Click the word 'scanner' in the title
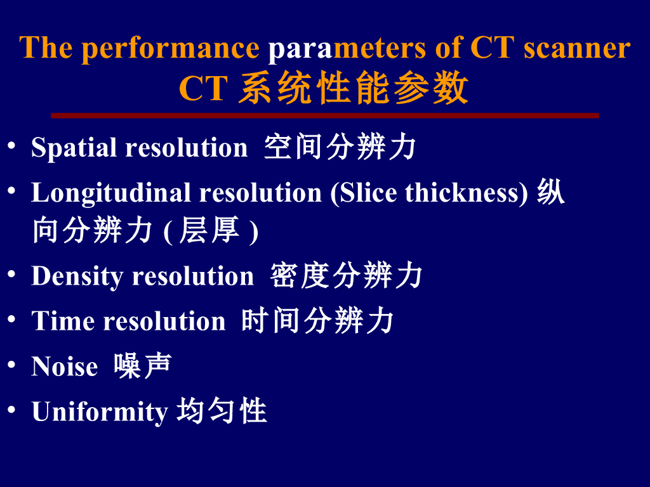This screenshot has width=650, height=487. (577, 48)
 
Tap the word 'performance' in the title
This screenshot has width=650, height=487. (170, 49)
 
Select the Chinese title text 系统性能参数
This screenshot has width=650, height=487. (354, 88)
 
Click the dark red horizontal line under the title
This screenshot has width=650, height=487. (324, 115)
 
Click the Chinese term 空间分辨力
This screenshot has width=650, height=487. (340, 147)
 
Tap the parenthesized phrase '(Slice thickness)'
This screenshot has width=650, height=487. (429, 193)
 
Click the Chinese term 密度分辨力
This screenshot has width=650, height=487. (346, 276)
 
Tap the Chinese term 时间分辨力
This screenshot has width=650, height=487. (317, 321)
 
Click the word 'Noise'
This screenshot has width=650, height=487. (64, 367)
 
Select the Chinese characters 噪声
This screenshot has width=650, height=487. (143, 366)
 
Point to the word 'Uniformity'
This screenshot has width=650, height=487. (99, 412)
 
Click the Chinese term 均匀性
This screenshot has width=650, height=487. (221, 411)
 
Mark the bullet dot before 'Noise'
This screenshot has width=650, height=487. (11, 365)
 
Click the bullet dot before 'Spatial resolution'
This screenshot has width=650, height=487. (11, 145)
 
